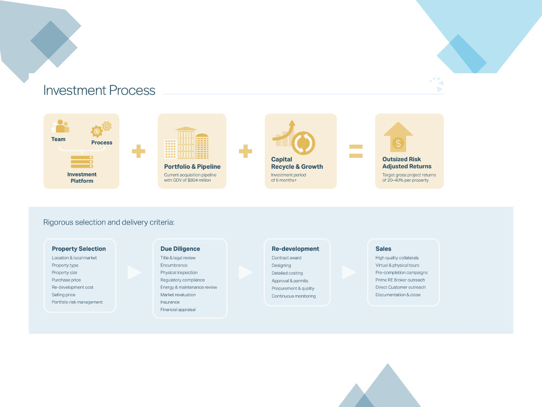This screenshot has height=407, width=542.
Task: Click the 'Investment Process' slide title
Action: pos(99,90)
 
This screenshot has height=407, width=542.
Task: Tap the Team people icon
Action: pos(60,126)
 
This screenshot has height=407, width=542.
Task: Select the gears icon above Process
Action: pos(101,129)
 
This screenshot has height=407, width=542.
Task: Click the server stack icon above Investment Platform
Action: pos(82,162)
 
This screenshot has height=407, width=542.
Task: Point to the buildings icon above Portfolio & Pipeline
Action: pos(186,143)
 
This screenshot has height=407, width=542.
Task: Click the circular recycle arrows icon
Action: pos(303,143)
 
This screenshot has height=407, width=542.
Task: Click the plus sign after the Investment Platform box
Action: pos(139,151)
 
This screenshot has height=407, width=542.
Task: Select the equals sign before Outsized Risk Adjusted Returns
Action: pos(356,151)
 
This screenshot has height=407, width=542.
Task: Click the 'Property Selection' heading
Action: pos(79,249)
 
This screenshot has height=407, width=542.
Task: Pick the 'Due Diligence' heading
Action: pos(180,249)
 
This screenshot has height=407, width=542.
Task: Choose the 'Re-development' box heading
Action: pos(295,249)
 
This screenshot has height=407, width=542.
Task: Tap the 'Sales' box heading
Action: pos(383,249)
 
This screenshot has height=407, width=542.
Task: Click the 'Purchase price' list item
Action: pos(66,280)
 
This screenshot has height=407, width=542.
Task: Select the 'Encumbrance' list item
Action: pos(174,265)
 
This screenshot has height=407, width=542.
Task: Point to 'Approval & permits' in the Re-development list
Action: pos(290,281)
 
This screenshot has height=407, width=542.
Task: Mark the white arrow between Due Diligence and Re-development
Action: pos(246,272)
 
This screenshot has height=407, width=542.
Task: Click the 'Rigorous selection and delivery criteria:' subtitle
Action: pos(109,222)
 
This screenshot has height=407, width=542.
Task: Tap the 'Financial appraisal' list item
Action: pos(178,309)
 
